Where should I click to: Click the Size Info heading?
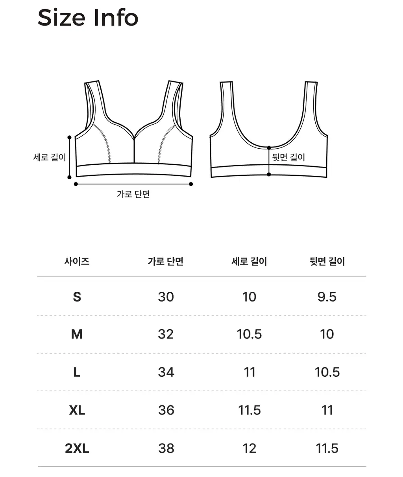coord(88,18)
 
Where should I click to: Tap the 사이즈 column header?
coord(77,262)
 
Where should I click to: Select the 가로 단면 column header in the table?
coord(166,262)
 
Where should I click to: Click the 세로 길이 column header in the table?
coord(249,262)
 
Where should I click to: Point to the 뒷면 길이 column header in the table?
coord(327,262)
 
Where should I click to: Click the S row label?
coord(77,297)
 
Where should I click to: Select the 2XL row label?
coord(77,448)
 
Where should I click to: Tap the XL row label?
coord(77,410)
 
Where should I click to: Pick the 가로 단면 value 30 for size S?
coord(166,297)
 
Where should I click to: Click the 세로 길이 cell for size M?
coord(249,334)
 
